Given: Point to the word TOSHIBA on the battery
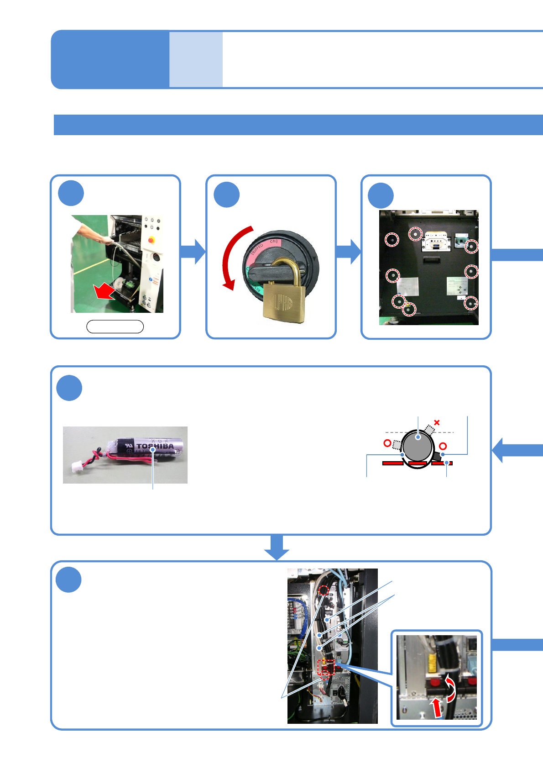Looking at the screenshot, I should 155,446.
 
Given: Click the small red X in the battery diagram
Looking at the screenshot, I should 437,422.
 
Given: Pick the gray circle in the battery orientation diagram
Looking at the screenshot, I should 418,446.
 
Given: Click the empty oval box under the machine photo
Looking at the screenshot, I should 115,327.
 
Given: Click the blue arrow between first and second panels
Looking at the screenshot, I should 193,252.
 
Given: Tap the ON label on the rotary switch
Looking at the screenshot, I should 274,241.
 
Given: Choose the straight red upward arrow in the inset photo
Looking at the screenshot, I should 437,707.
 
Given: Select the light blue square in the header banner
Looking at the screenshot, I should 196,59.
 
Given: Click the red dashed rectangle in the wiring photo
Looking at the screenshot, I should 326,667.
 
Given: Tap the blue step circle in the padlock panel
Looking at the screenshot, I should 227,195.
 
